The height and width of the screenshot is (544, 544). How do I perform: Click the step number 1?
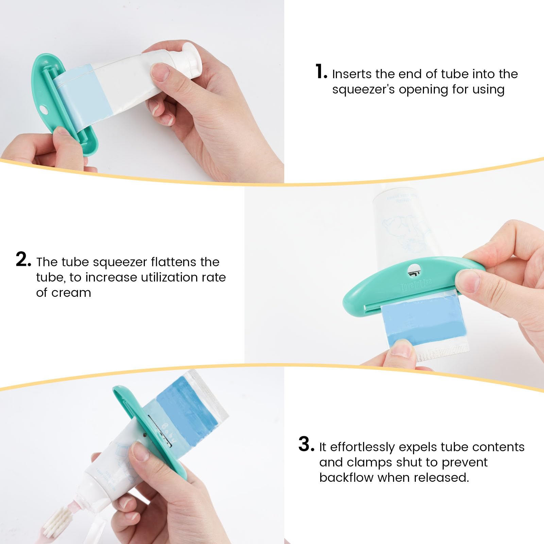point(320,72)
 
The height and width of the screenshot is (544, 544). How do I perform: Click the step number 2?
point(23,260)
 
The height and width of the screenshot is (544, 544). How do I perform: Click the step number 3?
point(306,444)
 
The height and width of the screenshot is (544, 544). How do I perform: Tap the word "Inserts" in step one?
point(352,74)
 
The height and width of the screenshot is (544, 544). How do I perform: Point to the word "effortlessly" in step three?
point(362,447)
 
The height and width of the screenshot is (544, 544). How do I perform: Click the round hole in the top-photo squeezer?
point(44,109)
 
